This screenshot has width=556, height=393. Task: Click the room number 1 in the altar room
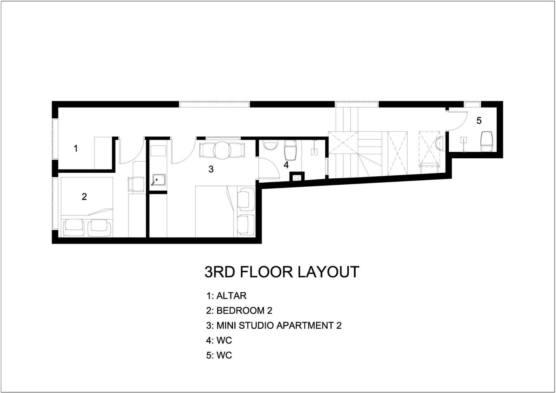coord(76,148)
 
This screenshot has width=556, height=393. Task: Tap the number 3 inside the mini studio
coord(211,169)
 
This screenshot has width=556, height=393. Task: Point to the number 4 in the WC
coord(286,165)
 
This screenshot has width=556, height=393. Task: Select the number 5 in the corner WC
coord(479,121)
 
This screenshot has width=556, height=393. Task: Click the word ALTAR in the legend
coord(231,296)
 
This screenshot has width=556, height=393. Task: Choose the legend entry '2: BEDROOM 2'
coord(239,311)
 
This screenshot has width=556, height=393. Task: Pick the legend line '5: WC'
coord(219,355)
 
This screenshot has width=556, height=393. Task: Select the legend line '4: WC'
coord(219,340)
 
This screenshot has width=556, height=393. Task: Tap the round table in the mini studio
coord(222,150)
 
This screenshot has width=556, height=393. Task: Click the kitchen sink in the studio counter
coord(159,180)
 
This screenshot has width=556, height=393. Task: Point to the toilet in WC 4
coord(290,150)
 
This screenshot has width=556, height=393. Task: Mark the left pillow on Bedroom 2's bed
coord(74,228)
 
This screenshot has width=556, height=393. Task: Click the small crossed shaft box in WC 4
coord(297,177)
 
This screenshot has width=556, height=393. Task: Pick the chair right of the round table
coord(237,150)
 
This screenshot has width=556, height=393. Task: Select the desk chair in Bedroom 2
coord(136,184)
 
